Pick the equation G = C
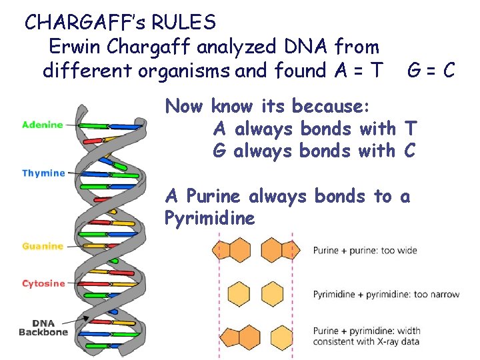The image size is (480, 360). pos(432,70)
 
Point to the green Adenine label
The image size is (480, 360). pos(43,124)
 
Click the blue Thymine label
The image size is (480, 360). pos(44,173)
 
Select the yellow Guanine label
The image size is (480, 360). pos(43,246)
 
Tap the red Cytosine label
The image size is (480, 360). pos(44,283)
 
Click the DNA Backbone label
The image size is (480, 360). pos(44,327)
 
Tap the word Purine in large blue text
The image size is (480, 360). pos(215,196)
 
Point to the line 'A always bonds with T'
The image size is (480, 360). pos(313,128)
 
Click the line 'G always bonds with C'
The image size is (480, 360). pos(313,151)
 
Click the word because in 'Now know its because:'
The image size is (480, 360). pos(331,105)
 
